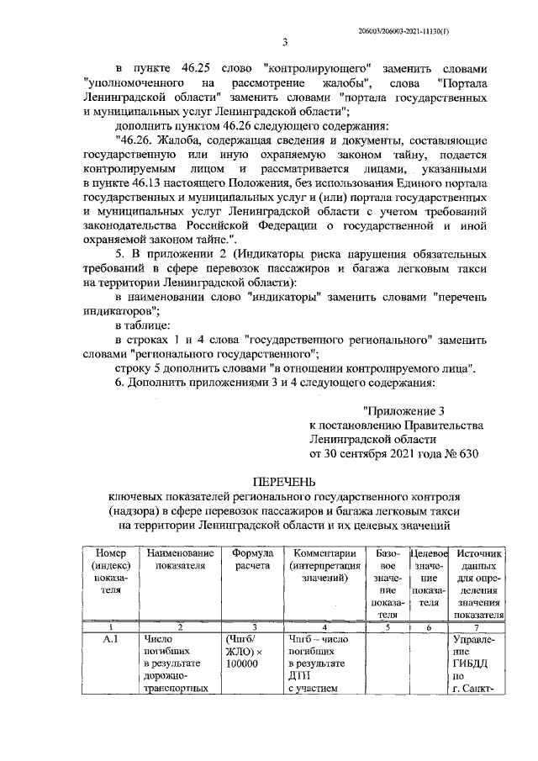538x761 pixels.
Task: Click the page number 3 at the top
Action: (285, 44)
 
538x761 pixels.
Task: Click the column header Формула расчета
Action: (251, 561)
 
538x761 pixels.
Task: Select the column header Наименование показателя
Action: (180, 561)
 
